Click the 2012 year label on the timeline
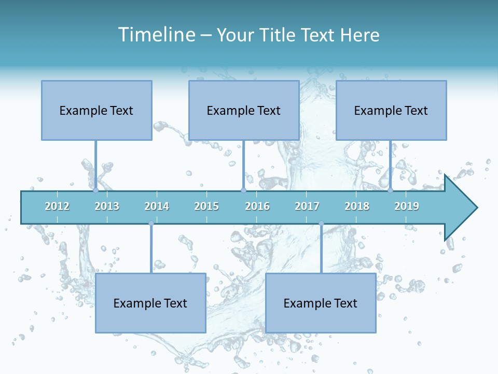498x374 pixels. [57, 206]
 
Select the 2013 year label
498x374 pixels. [107, 206]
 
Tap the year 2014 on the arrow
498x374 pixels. [157, 206]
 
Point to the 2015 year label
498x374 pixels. [206, 206]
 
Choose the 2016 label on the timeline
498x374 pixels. [257, 206]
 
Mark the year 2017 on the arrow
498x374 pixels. [307, 206]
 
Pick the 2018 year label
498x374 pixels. [357, 206]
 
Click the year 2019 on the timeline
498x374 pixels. [407, 206]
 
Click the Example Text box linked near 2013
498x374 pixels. [96, 110]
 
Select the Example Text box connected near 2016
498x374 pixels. [244, 110]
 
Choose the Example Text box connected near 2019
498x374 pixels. [391, 110]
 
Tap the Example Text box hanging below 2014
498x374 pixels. [150, 303]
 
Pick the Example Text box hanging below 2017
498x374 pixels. [321, 303]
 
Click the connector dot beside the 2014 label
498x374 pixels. [151, 223]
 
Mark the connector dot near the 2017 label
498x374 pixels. [321, 223]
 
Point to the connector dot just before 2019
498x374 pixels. [391, 190]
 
